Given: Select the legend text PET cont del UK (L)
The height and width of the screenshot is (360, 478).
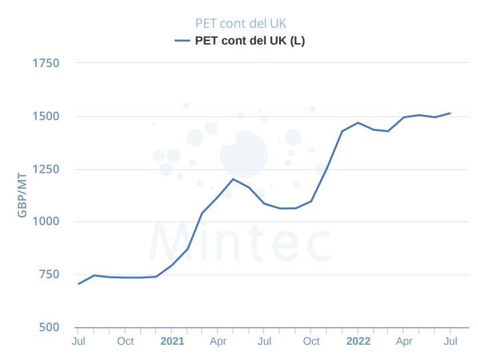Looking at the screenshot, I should click(x=250, y=41).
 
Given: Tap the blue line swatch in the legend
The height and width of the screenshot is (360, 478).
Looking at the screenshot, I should click(x=183, y=41).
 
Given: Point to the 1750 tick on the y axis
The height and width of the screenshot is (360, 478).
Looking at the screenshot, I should click(x=46, y=64).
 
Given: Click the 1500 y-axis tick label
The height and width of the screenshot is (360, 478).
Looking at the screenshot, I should click(x=46, y=116).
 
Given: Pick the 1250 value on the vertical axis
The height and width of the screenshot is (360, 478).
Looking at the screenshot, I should click(x=46, y=169).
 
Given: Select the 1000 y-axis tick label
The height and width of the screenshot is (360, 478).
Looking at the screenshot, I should click(x=46, y=222).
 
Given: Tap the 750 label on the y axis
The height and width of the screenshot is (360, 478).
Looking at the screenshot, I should click(x=48, y=274).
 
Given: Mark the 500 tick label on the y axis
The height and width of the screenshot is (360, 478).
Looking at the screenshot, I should click(x=48, y=327).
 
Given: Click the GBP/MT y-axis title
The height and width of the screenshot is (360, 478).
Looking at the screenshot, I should click(x=22, y=196).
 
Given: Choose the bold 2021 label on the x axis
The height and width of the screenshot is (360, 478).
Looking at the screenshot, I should click(x=172, y=341).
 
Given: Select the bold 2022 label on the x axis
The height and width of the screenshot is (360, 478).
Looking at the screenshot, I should click(x=358, y=341).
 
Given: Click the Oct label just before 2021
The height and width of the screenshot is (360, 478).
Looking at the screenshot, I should click(x=125, y=341).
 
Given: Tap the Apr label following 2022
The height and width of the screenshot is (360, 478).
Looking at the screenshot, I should click(x=404, y=341).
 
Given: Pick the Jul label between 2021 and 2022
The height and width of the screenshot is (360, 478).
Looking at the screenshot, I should click(x=265, y=341).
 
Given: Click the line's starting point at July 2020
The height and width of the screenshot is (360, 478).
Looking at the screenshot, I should click(x=78, y=284).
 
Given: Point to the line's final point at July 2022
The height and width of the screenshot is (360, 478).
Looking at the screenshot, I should click(x=451, y=113).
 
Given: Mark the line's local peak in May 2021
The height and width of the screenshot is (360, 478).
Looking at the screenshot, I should click(x=233, y=179).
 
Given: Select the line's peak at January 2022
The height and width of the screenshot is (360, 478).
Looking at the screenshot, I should click(x=358, y=123).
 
